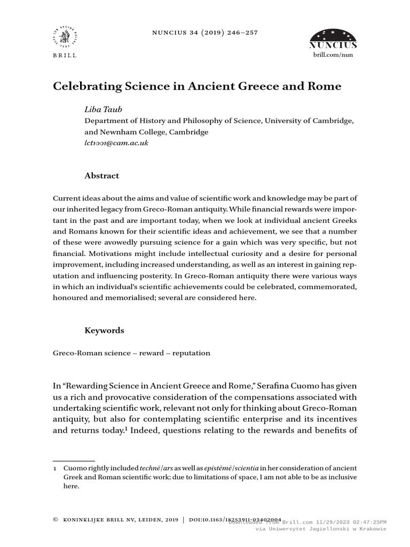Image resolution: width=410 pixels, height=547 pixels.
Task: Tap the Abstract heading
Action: click(x=102, y=176)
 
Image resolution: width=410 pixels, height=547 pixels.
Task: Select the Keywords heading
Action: click(x=104, y=331)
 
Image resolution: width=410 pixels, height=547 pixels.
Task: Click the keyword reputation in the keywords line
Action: click(x=188, y=353)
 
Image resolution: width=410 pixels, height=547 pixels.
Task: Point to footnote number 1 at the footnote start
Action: click(x=55, y=466)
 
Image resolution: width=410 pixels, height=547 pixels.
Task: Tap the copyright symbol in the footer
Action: click(x=56, y=519)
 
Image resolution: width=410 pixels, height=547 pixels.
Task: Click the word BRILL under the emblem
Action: click(x=65, y=55)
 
